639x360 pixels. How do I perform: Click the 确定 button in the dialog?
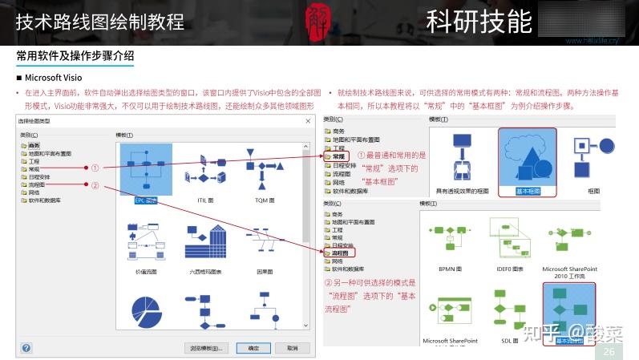click(x=253, y=348)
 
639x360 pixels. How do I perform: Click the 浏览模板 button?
click(x=205, y=348)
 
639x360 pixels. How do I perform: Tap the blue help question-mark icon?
click(x=26, y=348)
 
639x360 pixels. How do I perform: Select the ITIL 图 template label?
click(x=204, y=200)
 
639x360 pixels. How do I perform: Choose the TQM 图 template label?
click(x=265, y=200)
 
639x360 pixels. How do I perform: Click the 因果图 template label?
click(x=265, y=272)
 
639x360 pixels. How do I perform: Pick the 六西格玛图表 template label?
click(x=204, y=272)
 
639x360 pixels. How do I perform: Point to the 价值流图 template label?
click(x=145, y=272)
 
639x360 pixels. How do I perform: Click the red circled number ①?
click(x=95, y=168)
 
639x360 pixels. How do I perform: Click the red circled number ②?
click(x=95, y=186)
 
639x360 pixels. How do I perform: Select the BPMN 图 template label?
click(x=450, y=269)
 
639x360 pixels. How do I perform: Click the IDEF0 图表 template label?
click(x=510, y=269)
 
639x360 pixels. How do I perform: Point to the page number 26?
click(x=609, y=352)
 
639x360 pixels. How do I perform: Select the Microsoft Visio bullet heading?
click(x=53, y=78)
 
